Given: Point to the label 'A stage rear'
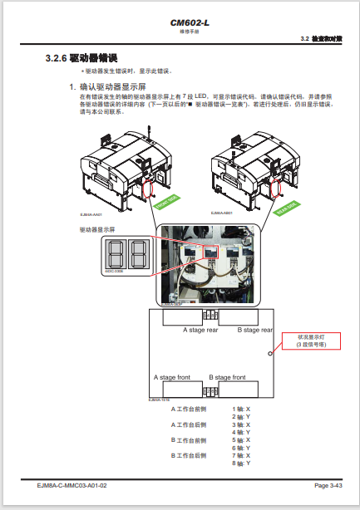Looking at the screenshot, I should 200,330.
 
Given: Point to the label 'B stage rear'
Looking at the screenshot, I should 254,330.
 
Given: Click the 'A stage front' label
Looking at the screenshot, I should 172,376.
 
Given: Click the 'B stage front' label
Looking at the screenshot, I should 228,376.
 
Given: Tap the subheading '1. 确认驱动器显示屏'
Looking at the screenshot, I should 106,86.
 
